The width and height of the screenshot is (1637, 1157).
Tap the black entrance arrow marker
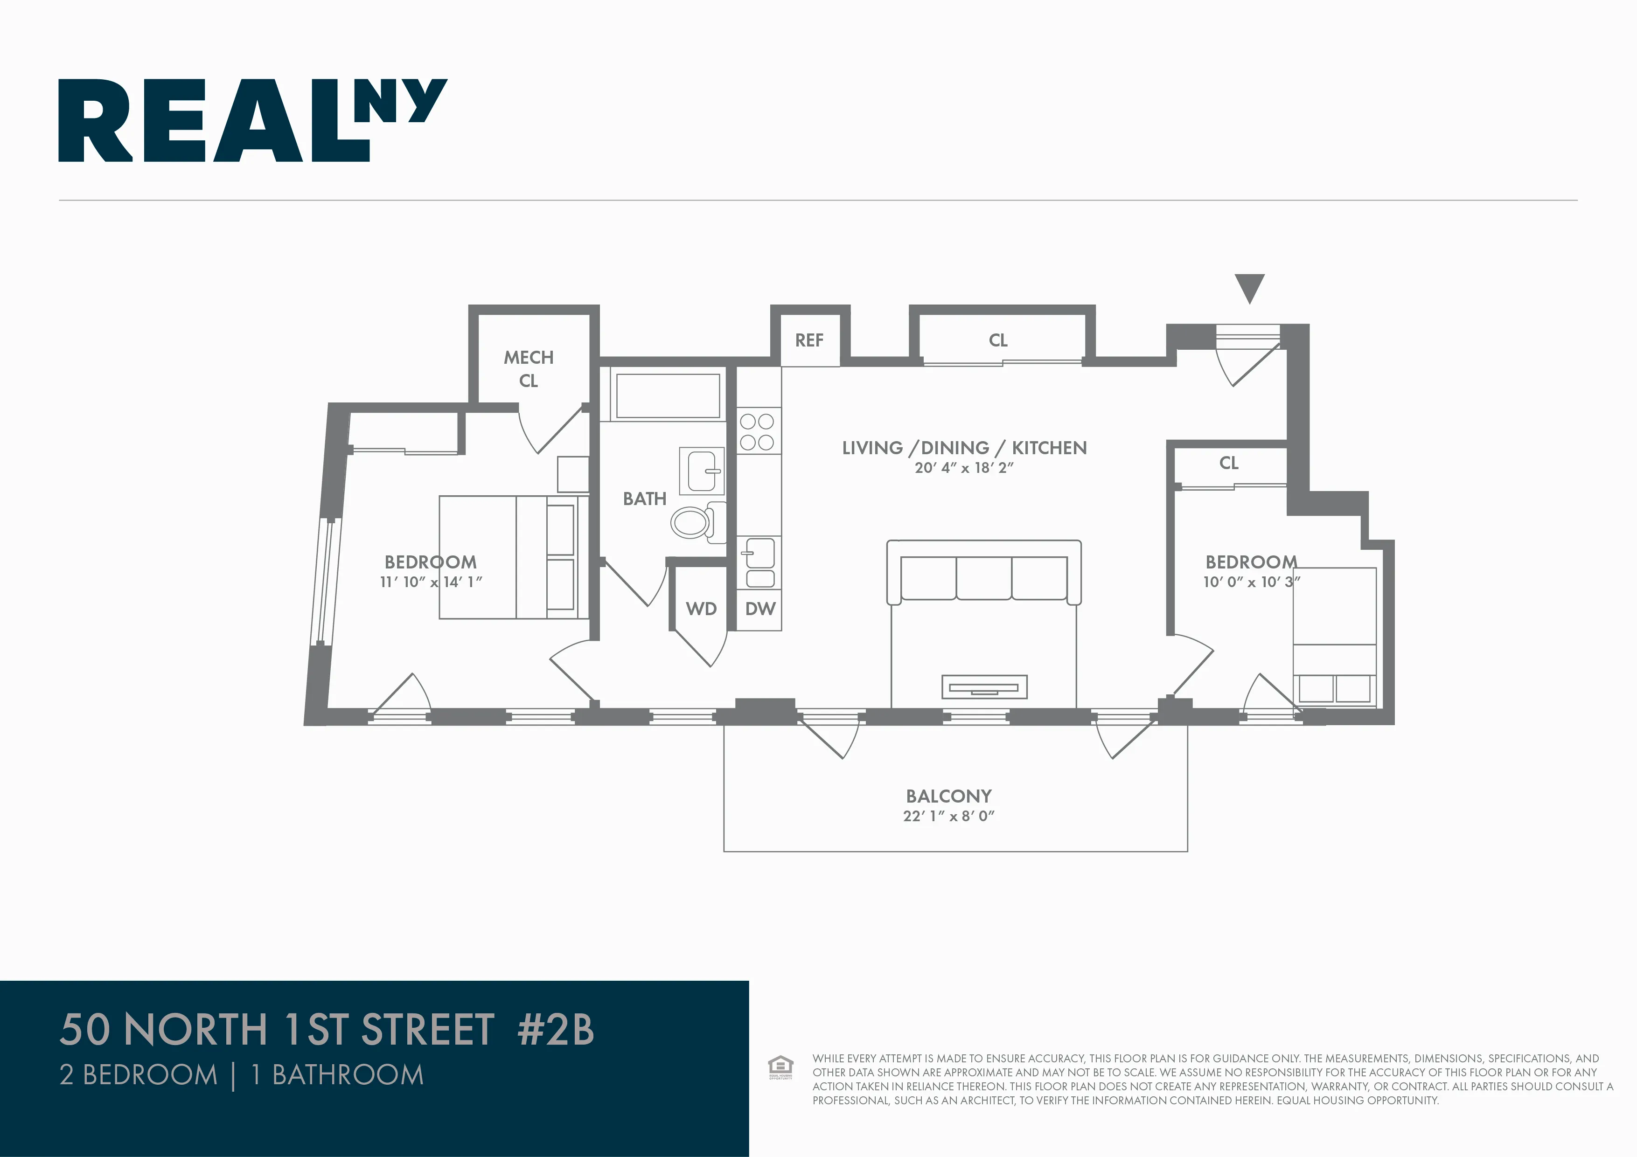pyautogui.click(x=1249, y=287)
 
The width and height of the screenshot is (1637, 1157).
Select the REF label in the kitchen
pyautogui.click(x=809, y=340)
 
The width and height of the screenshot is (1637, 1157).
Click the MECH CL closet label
pyautogui.click(x=528, y=368)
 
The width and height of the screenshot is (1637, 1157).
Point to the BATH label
pyautogui.click(x=645, y=499)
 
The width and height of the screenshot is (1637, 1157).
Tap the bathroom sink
pyautogui.click(x=702, y=471)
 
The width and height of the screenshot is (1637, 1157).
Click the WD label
pyautogui.click(x=701, y=608)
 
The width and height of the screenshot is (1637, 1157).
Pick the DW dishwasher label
pyautogui.click(x=760, y=608)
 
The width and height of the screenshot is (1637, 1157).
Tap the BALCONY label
pyautogui.click(x=948, y=796)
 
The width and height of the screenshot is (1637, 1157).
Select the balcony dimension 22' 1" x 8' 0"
pyautogui.click(x=948, y=816)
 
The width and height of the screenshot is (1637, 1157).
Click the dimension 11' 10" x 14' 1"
pyautogui.click(x=431, y=582)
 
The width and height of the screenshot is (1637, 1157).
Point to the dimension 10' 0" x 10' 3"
pyautogui.click(x=1251, y=582)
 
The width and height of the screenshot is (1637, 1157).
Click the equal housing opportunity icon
pyautogui.click(x=780, y=1067)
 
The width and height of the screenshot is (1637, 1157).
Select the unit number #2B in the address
pyautogui.click(x=556, y=1029)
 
